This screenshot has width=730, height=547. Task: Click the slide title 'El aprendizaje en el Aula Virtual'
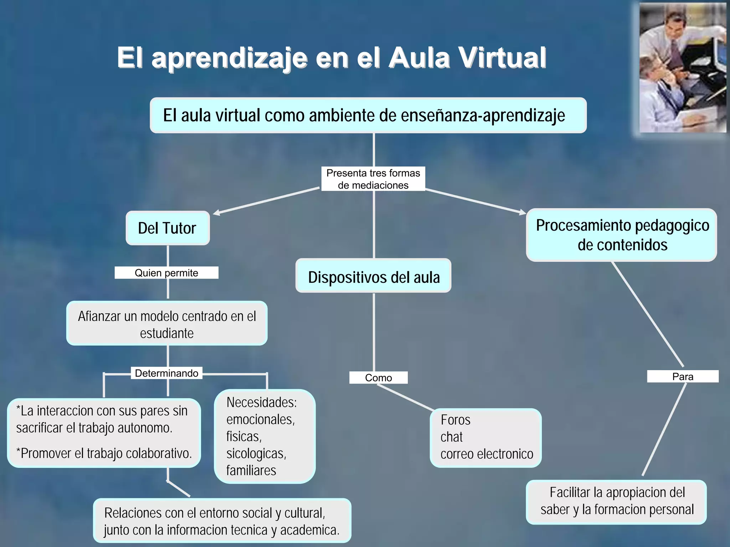pos(331,57)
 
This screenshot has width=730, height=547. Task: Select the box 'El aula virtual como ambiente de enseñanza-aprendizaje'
pos(368,115)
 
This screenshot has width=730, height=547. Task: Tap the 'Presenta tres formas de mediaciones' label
pos(373,179)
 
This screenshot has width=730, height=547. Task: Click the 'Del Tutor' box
pos(167,228)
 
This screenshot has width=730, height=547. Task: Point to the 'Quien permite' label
pos(166,273)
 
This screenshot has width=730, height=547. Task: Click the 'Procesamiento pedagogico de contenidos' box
pos(622,235)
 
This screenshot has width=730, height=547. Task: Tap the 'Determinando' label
pos(166,373)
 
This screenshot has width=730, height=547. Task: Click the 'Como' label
pos(378,378)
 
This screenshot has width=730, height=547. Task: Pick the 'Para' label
pos(682,377)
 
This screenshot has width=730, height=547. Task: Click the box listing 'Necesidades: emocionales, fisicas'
pos(264,436)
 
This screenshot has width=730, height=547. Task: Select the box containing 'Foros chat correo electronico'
pos(485,438)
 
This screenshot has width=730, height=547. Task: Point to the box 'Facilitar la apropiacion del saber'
pos(616,502)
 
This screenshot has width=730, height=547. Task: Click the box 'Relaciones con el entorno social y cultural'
pos(222,521)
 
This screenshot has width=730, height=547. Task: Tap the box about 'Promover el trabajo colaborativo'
pos(104,433)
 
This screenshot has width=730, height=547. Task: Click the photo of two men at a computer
pos(682,68)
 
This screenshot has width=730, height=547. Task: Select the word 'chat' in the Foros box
pos(451,437)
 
